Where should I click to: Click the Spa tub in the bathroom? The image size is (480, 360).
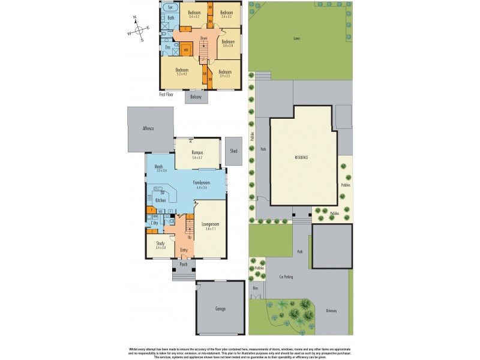pyautogui.click(x=170, y=8)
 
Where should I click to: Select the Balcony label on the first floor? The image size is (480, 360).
pyautogui.click(x=196, y=96)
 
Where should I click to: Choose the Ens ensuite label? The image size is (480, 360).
pyautogui.click(x=168, y=47)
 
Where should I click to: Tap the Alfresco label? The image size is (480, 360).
pyautogui.click(x=149, y=128)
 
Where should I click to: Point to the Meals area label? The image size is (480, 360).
pyautogui.click(x=160, y=168)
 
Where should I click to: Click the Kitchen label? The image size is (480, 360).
pyautogui.click(x=160, y=200)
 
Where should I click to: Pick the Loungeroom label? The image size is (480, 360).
pyautogui.click(x=209, y=225)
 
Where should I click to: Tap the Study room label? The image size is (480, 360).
pyautogui.click(x=160, y=244)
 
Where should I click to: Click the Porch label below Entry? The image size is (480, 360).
pyautogui.click(x=184, y=263)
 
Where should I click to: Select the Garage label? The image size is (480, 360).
pyautogui.click(x=220, y=308)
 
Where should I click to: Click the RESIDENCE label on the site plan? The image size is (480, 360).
pyautogui.click(x=301, y=157)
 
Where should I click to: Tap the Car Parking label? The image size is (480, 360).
pyautogui.click(x=289, y=277)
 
